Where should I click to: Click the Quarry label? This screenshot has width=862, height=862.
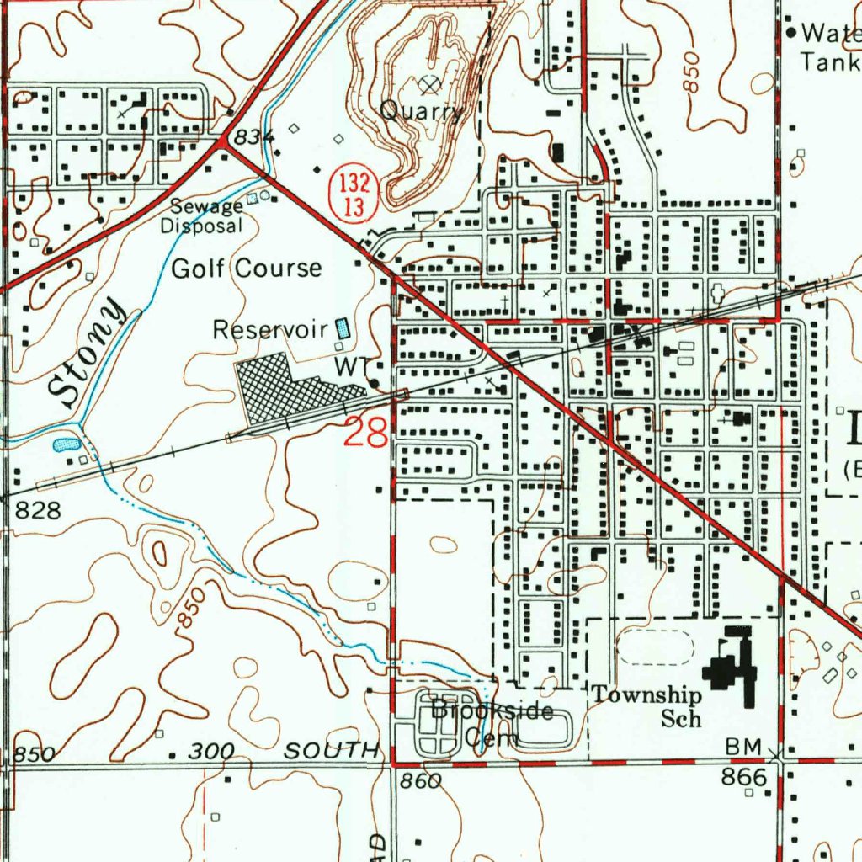(x=421, y=110)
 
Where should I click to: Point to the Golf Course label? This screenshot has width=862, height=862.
(x=246, y=269)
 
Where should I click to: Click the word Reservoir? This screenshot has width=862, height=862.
(x=270, y=329)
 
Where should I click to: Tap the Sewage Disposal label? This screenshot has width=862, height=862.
(x=202, y=216)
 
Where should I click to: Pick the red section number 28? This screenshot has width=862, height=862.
(x=366, y=433)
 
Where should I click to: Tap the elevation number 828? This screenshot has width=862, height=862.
(x=38, y=511)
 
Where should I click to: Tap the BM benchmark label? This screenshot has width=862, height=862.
(x=744, y=748)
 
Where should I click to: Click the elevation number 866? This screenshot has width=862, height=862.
(x=745, y=777)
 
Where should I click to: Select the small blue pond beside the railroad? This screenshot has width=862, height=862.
(x=67, y=444)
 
